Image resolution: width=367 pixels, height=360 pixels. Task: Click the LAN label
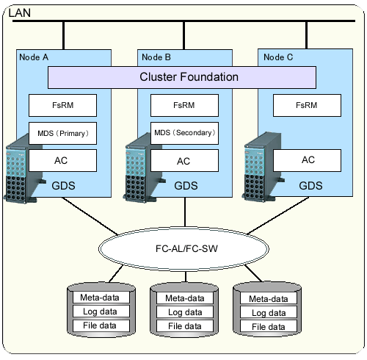[20, 12]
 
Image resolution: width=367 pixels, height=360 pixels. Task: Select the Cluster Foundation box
[182, 77]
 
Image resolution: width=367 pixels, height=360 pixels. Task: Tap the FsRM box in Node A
[62, 105]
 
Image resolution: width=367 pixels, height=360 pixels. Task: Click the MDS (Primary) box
[62, 133]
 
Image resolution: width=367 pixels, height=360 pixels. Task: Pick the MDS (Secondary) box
[184, 133]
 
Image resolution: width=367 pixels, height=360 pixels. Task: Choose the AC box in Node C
[307, 160]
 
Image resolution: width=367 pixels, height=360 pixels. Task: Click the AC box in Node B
[184, 160]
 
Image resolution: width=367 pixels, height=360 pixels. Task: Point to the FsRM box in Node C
[307, 105]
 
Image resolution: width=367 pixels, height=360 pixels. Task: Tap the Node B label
[156, 57]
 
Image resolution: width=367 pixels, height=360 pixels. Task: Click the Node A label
[34, 57]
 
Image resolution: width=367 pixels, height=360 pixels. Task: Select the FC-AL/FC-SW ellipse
[183, 249]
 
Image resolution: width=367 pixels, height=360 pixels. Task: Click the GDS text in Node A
[63, 186]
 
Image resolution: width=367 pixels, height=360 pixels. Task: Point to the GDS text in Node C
[310, 186]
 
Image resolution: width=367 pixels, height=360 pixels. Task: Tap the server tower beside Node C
[262, 167]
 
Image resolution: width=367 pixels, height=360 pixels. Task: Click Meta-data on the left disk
[100, 298]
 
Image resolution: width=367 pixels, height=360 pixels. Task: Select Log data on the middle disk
[185, 312]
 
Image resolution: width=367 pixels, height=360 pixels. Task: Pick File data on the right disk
[269, 327]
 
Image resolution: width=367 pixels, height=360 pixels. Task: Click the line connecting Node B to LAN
[183, 35]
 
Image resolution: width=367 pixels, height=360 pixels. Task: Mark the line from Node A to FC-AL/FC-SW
[90, 216]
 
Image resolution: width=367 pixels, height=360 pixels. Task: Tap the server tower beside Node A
[23, 168]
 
